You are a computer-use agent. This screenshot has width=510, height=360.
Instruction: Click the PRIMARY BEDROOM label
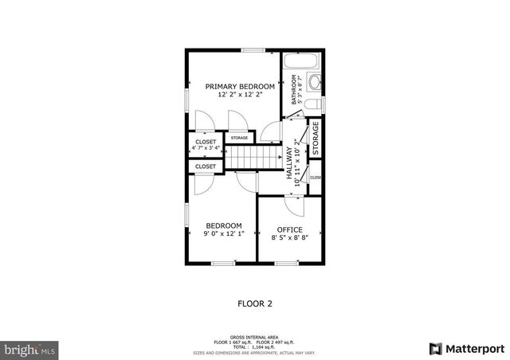click(x=240, y=86)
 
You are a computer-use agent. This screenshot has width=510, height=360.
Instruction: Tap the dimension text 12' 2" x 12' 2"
click(x=240, y=95)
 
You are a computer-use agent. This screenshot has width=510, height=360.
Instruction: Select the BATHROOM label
click(x=295, y=90)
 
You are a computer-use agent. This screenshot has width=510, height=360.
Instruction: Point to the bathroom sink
click(x=313, y=82)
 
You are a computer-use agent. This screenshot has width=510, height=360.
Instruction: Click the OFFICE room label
click(x=289, y=229)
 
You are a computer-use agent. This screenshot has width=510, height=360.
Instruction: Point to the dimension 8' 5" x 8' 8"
click(x=289, y=237)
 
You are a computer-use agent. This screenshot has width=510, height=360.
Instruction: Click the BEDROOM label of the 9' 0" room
click(x=224, y=225)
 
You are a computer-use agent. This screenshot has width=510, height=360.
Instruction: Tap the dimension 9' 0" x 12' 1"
click(x=224, y=234)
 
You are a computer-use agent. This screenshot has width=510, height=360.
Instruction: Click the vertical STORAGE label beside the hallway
click(x=316, y=137)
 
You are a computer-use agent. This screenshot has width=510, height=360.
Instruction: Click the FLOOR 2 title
click(x=255, y=303)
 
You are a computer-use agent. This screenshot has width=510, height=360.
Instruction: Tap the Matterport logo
click(x=466, y=348)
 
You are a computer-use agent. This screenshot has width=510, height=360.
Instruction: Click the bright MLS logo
click(x=30, y=349)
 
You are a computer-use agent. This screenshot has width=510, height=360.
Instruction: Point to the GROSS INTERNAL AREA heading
click(x=255, y=337)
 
